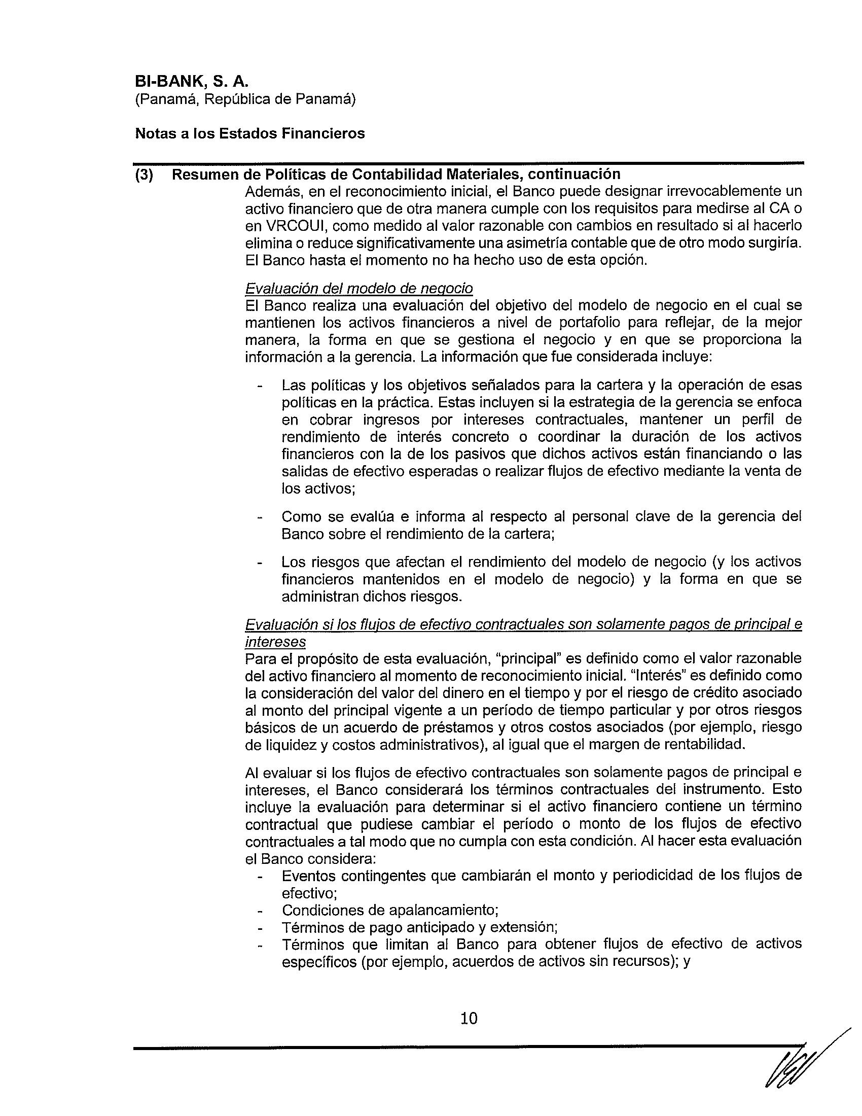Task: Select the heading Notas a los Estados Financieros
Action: [249, 134]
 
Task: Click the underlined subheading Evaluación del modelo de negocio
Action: [358, 289]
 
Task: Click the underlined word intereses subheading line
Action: [275, 642]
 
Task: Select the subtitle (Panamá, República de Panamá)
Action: [245, 99]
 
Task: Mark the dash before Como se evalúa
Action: [261, 517]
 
